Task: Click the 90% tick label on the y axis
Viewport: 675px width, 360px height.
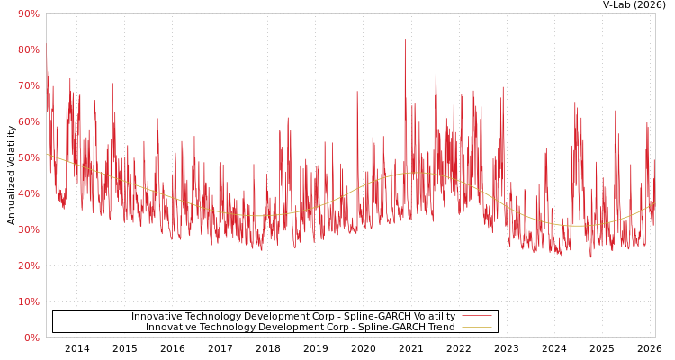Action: click(28, 13)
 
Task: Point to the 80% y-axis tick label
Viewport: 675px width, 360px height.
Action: click(28, 49)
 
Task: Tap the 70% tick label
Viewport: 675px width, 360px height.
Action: click(28, 85)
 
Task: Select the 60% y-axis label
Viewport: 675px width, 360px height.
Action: click(28, 121)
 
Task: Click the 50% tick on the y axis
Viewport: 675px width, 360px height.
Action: click(28, 157)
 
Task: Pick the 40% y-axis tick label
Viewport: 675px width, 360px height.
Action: click(28, 193)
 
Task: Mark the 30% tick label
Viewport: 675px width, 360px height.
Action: click(28, 229)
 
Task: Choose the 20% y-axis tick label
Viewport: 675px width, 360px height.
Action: click(28, 265)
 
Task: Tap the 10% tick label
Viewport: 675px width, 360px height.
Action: click(28, 301)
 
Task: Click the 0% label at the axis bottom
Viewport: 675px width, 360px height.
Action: click(31, 337)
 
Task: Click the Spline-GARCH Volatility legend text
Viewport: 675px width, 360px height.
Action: click(293, 317)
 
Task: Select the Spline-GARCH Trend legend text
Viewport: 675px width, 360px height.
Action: click(301, 328)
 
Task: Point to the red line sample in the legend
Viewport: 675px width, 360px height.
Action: click(476, 317)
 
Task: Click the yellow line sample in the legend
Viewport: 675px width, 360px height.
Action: click(476, 328)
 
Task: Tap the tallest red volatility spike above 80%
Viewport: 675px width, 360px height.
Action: click(405, 40)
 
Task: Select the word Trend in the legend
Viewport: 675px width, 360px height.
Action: click(440, 328)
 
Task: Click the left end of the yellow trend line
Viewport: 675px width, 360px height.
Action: click(47, 154)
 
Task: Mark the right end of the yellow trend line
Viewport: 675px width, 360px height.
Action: click(654, 203)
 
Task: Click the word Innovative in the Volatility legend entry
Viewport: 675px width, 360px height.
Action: click(157, 317)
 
